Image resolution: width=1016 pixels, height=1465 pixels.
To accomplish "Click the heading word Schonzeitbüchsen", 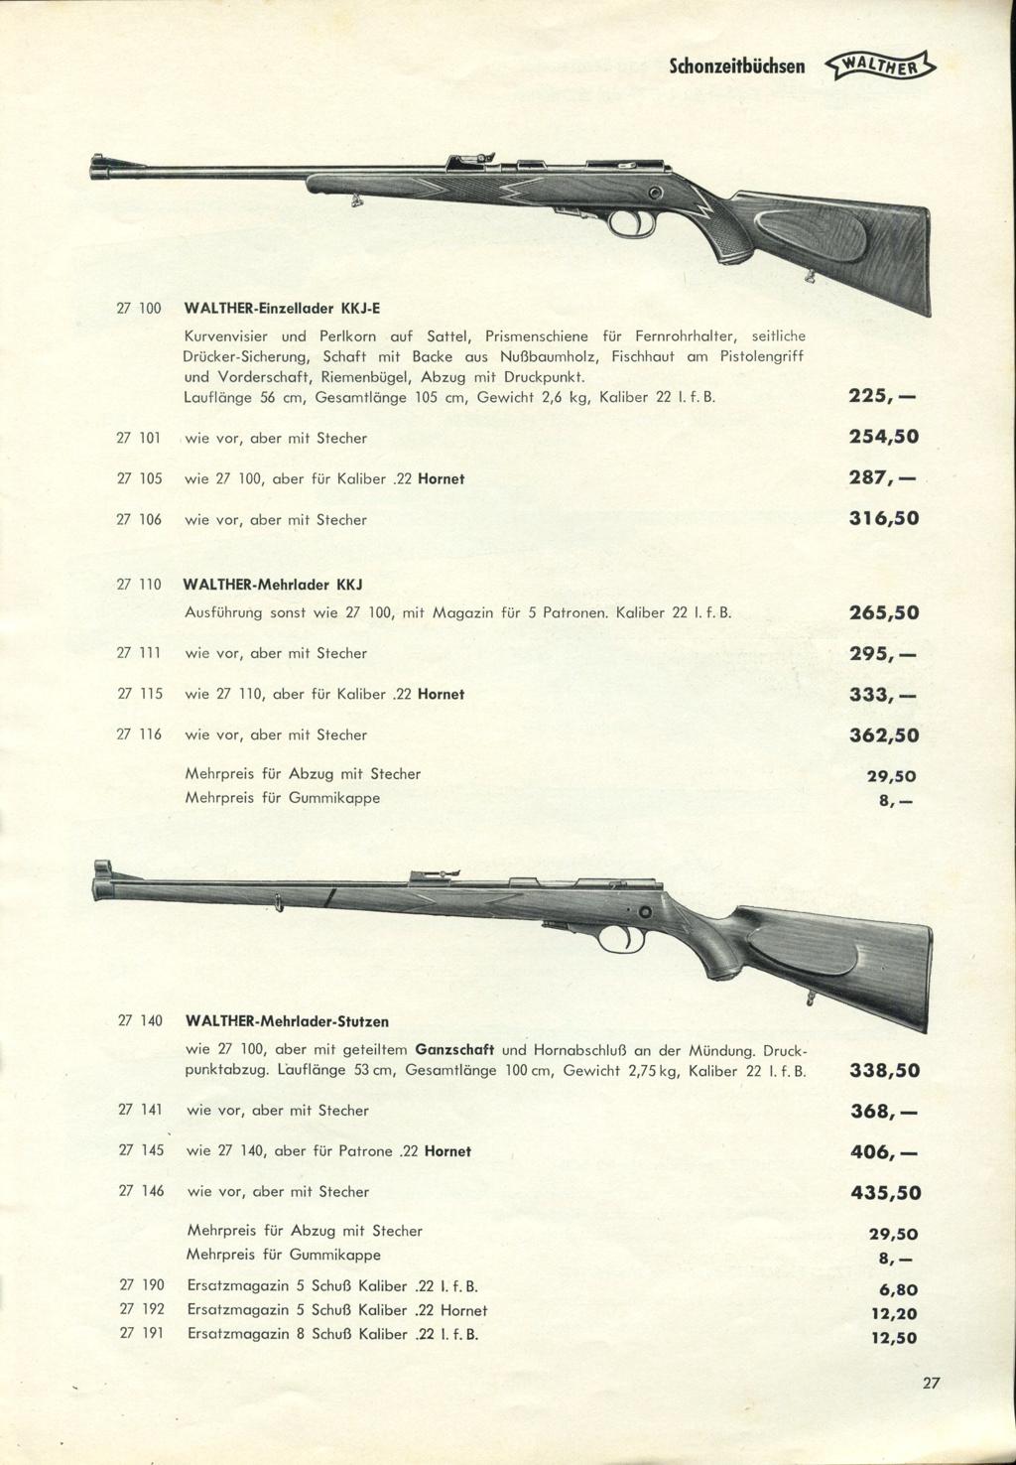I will click(736, 67).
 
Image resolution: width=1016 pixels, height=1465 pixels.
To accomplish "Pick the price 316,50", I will click(883, 518).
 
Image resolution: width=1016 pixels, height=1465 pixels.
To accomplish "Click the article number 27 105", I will click(139, 478).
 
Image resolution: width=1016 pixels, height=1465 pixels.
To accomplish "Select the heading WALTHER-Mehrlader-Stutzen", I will click(287, 1020).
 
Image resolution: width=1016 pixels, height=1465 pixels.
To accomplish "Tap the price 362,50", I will click(883, 735).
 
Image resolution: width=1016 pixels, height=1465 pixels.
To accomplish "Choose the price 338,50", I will click(885, 1070).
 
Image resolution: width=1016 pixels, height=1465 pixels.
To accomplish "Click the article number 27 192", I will click(141, 1310).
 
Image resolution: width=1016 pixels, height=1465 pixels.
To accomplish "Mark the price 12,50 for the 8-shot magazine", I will click(893, 1337).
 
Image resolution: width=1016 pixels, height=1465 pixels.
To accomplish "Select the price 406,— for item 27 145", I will click(884, 1152).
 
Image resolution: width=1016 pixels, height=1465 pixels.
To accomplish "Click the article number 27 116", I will click(139, 734).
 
